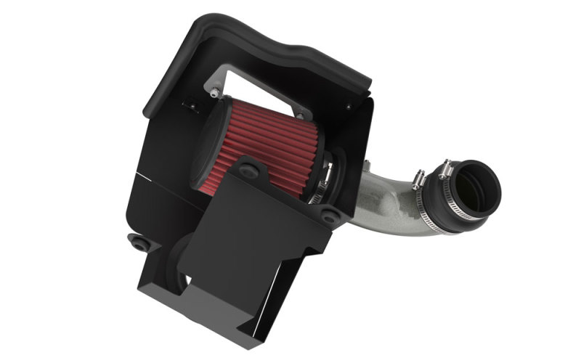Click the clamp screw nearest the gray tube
[x=419, y=179]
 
